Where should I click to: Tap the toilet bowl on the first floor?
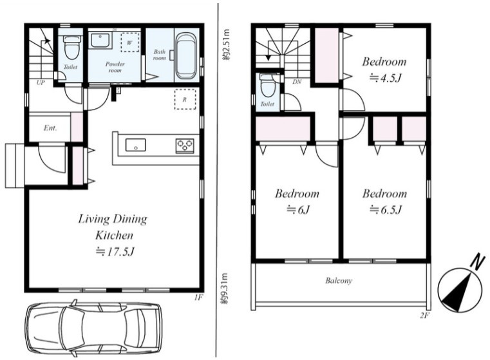[71, 47]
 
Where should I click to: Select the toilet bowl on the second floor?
[266, 85]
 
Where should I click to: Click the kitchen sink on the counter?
[136, 145]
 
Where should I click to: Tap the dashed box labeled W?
[129, 42]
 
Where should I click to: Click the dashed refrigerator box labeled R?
[185, 99]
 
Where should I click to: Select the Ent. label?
[50, 128]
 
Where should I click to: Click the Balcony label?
[339, 280]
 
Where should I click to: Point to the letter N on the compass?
[477, 263]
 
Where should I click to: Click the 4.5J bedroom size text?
[385, 77]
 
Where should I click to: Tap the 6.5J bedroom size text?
[385, 209]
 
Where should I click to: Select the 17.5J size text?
[115, 252]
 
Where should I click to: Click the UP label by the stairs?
[41, 82]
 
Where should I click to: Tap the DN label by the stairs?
[297, 82]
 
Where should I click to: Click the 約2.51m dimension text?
[226, 44]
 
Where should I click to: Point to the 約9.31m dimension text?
[226, 289]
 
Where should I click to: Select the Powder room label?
[115, 67]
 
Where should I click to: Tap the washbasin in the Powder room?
[100, 41]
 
